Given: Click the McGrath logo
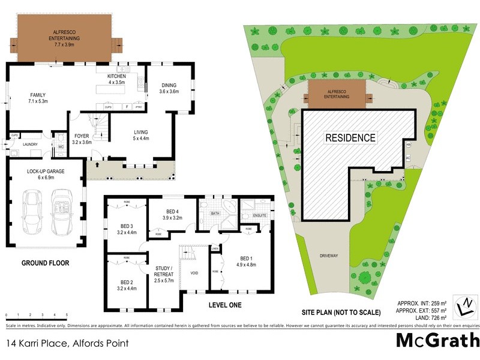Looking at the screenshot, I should click(x=437, y=341).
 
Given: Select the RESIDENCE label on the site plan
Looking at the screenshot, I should click(x=350, y=138).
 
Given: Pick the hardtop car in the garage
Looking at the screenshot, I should click(x=32, y=213).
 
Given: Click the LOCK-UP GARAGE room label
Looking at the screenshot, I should click(x=46, y=174).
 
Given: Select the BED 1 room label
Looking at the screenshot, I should click(x=246, y=261).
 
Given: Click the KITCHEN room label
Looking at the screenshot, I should click(x=116, y=79).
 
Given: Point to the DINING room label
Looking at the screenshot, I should click(x=169, y=88).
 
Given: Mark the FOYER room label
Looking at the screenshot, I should click(x=82, y=139).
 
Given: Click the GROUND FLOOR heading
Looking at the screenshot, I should click(x=45, y=263).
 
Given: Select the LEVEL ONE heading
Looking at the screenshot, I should click(x=224, y=305).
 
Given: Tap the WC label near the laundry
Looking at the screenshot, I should click(x=61, y=146).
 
